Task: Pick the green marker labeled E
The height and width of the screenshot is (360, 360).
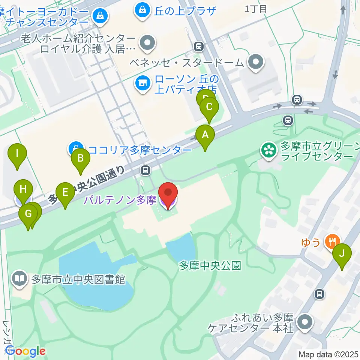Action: (x=65, y=193)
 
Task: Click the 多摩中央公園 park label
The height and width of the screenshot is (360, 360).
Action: (x=210, y=266)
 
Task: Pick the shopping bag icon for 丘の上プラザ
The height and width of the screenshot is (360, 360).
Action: (x=142, y=10)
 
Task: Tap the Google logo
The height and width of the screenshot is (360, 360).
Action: (x=25, y=351)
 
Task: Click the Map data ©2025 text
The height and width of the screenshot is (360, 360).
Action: (x=328, y=354)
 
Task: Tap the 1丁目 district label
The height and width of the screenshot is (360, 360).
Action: (x=256, y=9)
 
